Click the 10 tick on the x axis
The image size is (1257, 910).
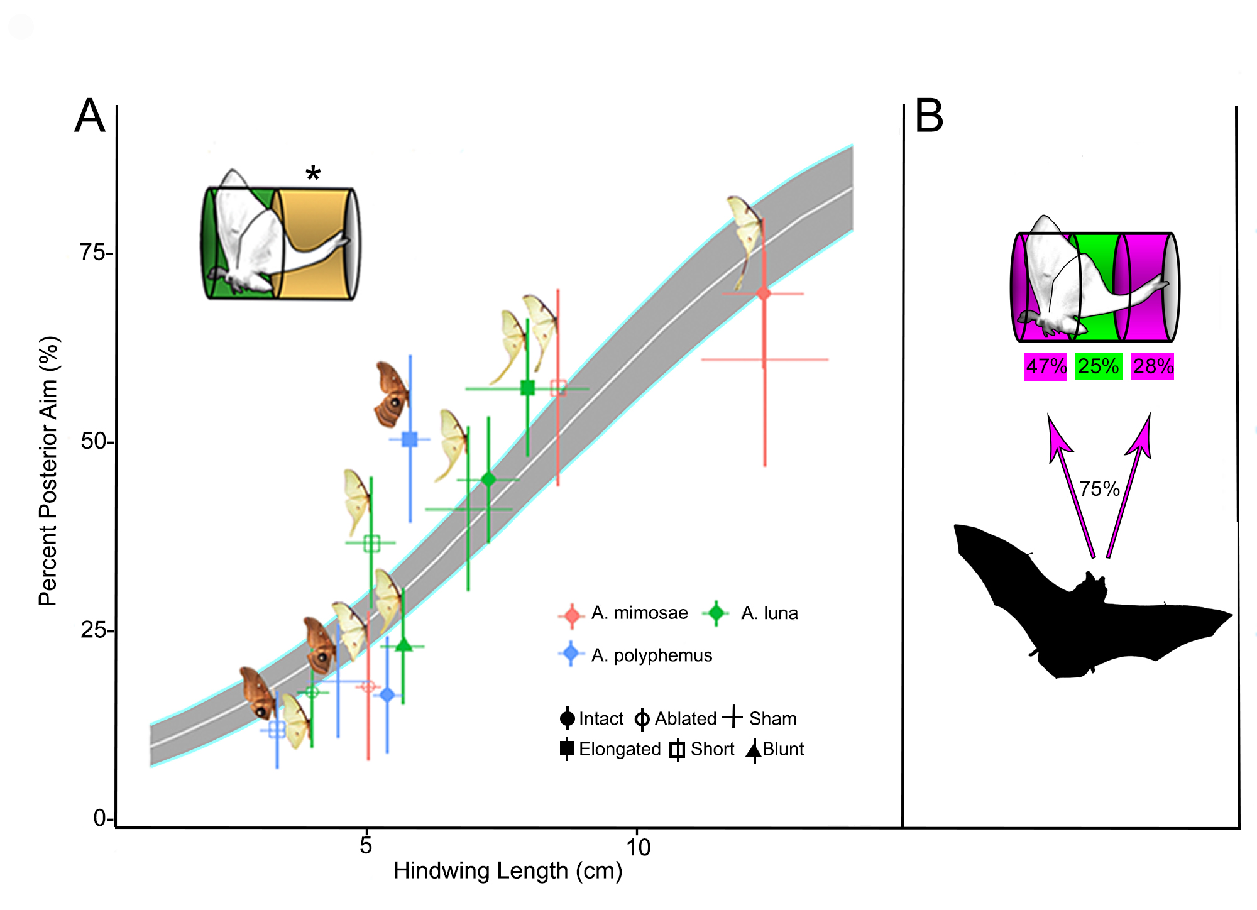638,847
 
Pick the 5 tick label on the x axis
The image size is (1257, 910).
366,845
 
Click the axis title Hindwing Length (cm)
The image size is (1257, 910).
508,871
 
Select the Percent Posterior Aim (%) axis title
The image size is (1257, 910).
48,471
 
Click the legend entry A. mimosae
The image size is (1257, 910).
639,613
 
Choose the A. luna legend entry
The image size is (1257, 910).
769,613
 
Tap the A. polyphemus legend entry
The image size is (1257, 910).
651,655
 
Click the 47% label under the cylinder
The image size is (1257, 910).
1046,366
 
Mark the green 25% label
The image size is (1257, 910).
1098,366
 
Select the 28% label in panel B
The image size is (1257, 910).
1153,366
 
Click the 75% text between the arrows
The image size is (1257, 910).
1099,488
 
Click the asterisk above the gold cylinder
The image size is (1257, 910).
313,173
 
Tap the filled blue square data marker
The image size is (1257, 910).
410,439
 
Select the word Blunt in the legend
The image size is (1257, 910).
783,749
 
